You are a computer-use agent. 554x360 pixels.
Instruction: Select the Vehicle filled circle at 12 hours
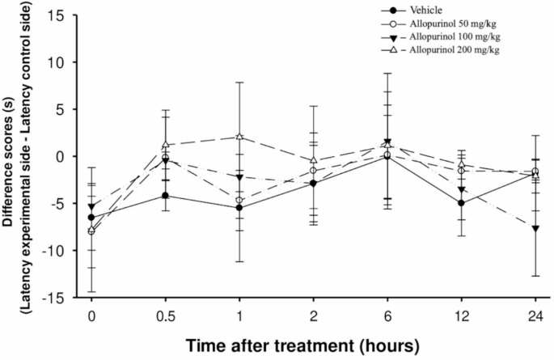click(462, 203)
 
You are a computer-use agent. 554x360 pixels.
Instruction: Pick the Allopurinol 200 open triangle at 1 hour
click(240, 137)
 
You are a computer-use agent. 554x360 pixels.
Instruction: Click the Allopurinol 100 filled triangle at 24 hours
click(535, 228)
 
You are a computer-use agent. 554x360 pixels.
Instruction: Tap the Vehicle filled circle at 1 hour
click(240, 208)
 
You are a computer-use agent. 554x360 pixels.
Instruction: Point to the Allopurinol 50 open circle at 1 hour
click(240, 200)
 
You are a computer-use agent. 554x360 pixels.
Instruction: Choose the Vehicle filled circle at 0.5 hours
click(166, 195)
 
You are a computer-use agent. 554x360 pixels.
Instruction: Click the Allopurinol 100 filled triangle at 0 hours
click(91, 206)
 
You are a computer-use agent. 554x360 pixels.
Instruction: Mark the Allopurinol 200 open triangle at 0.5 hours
click(166, 145)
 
